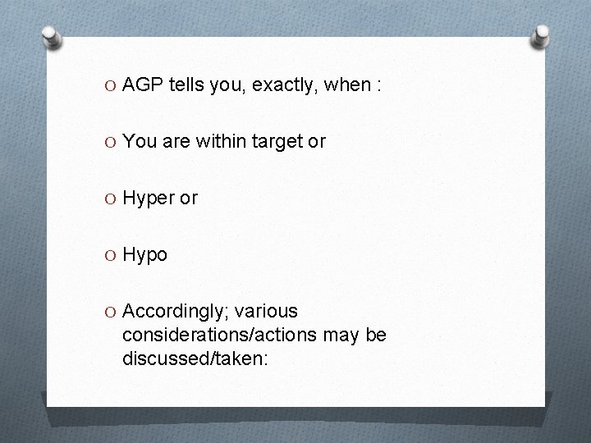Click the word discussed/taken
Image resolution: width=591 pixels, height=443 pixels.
tap(195, 359)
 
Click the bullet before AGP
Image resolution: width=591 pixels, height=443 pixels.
tap(112, 85)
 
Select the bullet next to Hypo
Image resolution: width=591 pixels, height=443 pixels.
tap(112, 256)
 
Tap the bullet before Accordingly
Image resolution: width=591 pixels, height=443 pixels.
tap(112, 313)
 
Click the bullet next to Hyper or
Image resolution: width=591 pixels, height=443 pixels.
tap(112, 199)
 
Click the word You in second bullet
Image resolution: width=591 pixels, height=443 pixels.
tap(139, 141)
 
